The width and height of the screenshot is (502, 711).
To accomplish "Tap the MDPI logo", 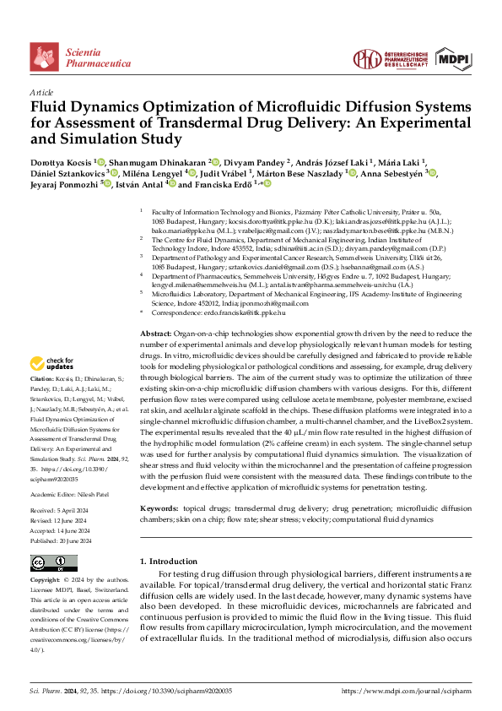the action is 452,59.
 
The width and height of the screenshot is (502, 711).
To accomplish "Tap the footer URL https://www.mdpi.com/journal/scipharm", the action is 407,691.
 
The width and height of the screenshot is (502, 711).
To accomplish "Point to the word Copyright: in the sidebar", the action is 46,581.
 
